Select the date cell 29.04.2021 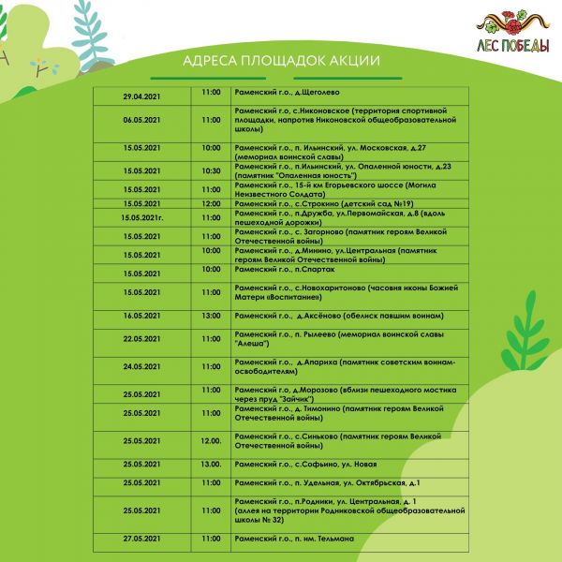pyautogui.click(x=141, y=94)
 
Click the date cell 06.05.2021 pyautogui.click(x=141, y=121)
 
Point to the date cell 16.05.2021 pyautogui.click(x=141, y=317)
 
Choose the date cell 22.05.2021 pyautogui.click(x=141, y=339)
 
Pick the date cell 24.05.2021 pyautogui.click(x=141, y=366)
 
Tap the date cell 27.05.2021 pyautogui.click(x=141, y=539)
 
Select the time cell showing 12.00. pyautogui.click(x=212, y=440)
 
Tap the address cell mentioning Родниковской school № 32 pyautogui.click(x=348, y=510)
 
